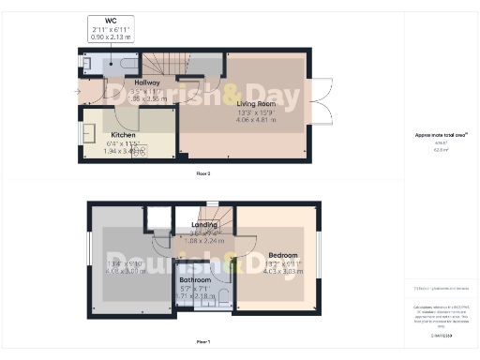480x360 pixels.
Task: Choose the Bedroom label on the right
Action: (282, 256)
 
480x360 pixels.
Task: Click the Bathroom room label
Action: (196, 278)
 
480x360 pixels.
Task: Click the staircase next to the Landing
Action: (208, 213)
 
